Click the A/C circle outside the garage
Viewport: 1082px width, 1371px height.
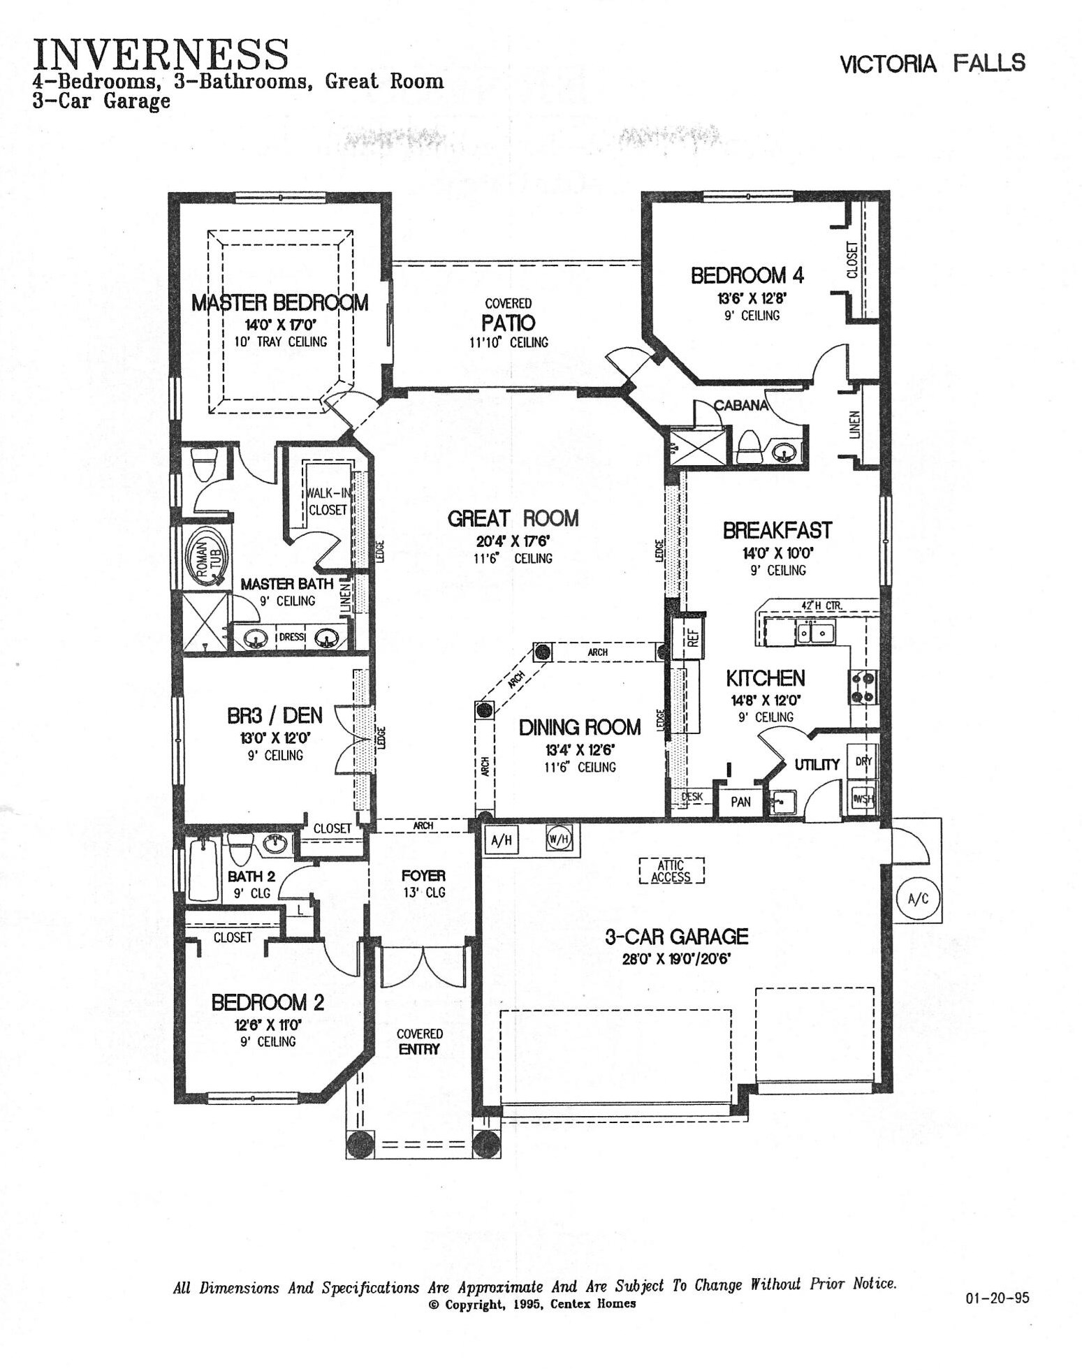[x=918, y=899]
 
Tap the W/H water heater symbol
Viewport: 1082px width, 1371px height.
[x=559, y=840]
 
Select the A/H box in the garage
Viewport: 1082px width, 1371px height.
[x=502, y=840]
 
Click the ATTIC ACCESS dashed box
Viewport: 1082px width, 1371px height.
[x=671, y=871]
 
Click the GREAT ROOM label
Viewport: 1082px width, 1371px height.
[x=513, y=518]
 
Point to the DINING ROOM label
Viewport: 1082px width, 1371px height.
[x=580, y=728]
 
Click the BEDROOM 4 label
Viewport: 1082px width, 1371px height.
[x=747, y=275]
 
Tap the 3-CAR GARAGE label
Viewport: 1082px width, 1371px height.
[x=676, y=937]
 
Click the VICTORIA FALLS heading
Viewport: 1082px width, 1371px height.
[x=933, y=64]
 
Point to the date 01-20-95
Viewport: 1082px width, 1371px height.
[x=997, y=1298]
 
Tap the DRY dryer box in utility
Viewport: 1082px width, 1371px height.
[x=863, y=761]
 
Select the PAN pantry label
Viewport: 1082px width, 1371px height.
[x=741, y=802]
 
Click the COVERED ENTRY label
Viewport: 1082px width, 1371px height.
[x=419, y=1041]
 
